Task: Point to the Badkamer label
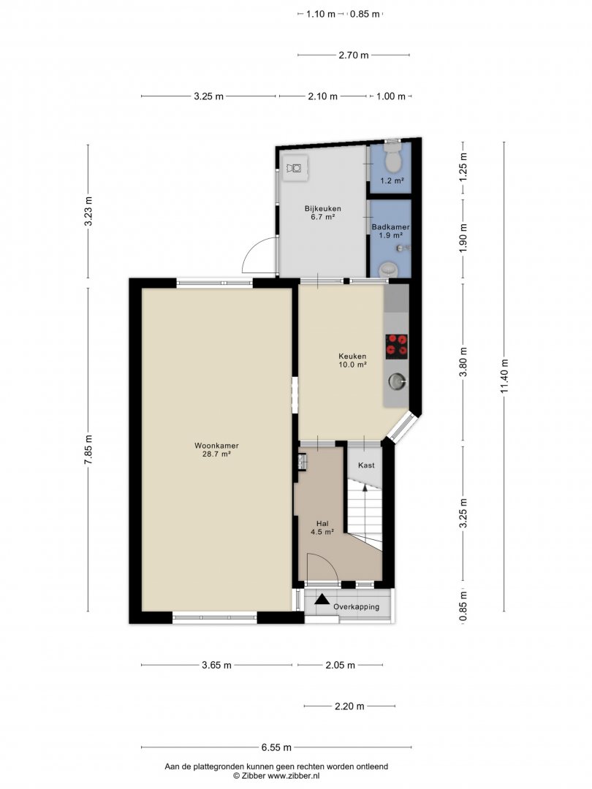[x=390, y=227]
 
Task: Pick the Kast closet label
[x=366, y=465]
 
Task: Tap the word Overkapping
[x=357, y=607]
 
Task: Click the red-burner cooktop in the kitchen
[x=397, y=346]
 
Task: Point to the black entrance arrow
[x=322, y=599]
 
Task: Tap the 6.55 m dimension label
[x=276, y=747]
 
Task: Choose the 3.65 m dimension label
[x=217, y=666]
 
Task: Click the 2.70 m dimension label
[x=354, y=56]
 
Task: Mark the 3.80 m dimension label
[x=463, y=362]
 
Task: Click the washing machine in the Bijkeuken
[x=295, y=167]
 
